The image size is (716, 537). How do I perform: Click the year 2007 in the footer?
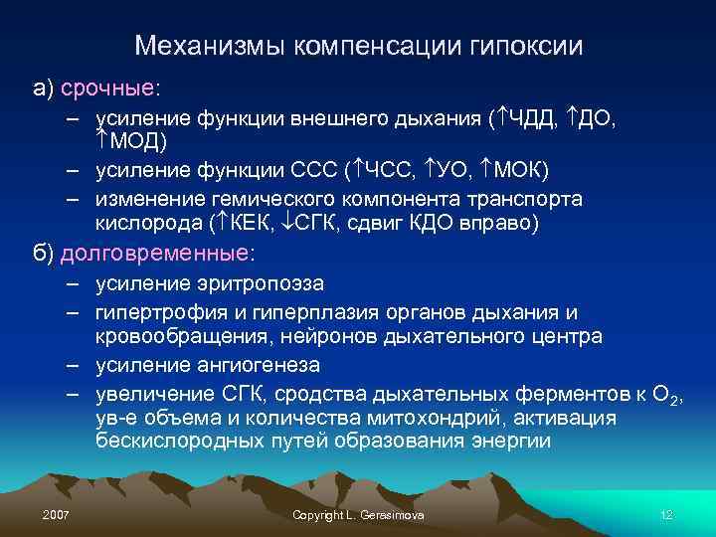click(x=57, y=515)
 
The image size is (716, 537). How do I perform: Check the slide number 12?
click(x=666, y=515)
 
